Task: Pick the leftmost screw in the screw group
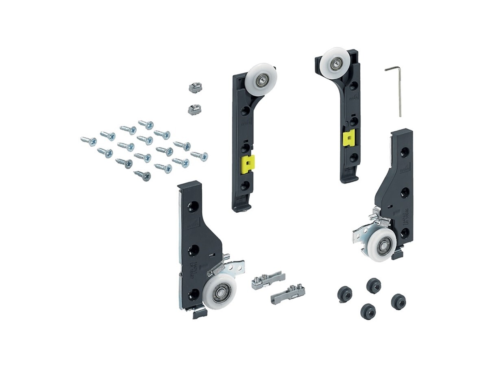(x=88, y=141)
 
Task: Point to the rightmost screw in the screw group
(x=200, y=156)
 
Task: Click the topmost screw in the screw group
(x=146, y=124)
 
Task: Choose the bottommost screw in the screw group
(x=142, y=176)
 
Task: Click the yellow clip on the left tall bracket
(x=247, y=164)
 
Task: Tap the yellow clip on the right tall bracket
(x=349, y=139)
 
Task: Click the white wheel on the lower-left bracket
(x=220, y=291)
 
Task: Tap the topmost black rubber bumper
(x=373, y=285)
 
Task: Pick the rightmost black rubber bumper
(x=398, y=301)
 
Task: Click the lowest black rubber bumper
(x=368, y=312)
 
